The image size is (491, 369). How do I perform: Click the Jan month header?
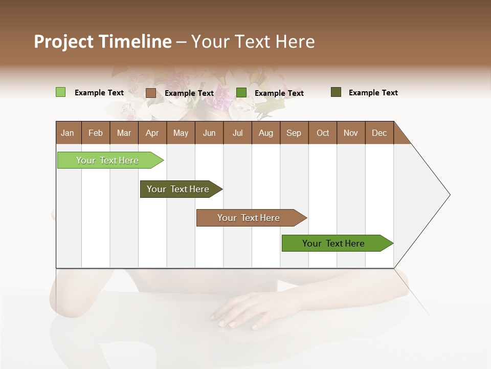pos(68,133)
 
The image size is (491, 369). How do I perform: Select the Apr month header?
pos(152,133)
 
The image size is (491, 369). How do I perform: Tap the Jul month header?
pos(237,133)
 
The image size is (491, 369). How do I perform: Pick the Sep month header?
pos(294,133)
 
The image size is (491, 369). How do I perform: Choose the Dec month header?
pos(379,133)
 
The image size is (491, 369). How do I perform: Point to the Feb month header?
pos(96,133)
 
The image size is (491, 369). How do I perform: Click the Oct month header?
pos(323,133)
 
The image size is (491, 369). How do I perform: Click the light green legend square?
pos(60,92)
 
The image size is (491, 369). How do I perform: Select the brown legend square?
pos(150,93)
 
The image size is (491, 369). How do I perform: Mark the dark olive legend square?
pos(336,92)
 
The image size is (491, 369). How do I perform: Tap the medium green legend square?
pos(241,93)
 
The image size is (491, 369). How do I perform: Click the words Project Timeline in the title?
pos(102,42)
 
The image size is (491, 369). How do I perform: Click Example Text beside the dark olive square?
pos(373,93)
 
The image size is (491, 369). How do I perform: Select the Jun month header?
pos(209,133)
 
